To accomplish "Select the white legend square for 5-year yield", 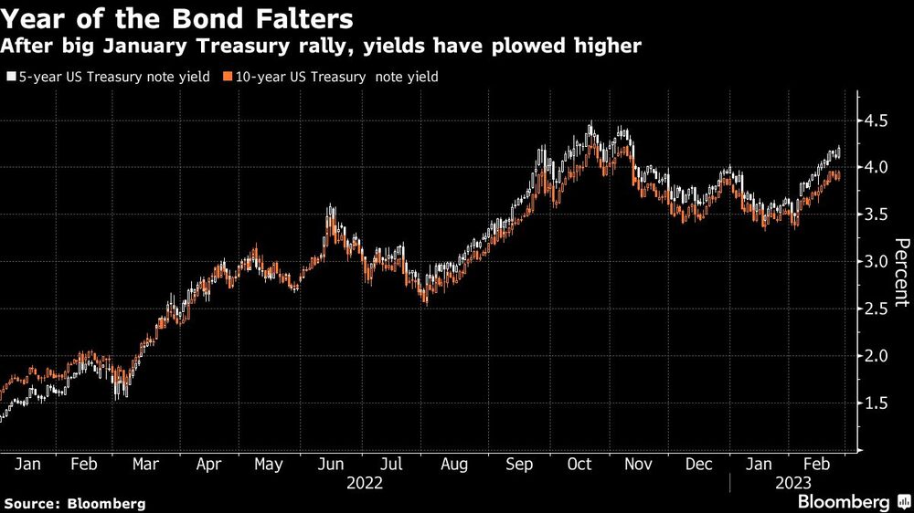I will click(x=10, y=78).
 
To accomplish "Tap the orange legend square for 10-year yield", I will click(x=226, y=78).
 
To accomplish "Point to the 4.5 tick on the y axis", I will click(x=876, y=121).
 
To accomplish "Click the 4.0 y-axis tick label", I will click(x=876, y=168).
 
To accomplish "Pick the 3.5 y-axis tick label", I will click(x=876, y=215).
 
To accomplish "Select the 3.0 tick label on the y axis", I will click(x=876, y=262).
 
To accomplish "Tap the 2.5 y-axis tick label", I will click(x=876, y=309).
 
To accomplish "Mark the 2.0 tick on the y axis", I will click(x=876, y=356).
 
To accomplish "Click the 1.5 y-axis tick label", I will click(x=876, y=403).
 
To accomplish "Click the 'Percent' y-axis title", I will click(x=901, y=271).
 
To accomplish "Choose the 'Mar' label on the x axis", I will click(x=146, y=465).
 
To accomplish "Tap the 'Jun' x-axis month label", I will click(x=331, y=465).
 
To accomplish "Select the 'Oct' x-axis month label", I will click(x=579, y=465).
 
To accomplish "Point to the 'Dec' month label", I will click(x=699, y=465).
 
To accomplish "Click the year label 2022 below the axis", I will click(x=365, y=483).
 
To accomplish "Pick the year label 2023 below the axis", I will click(x=792, y=483).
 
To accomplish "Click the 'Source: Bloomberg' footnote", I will click(x=74, y=503).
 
